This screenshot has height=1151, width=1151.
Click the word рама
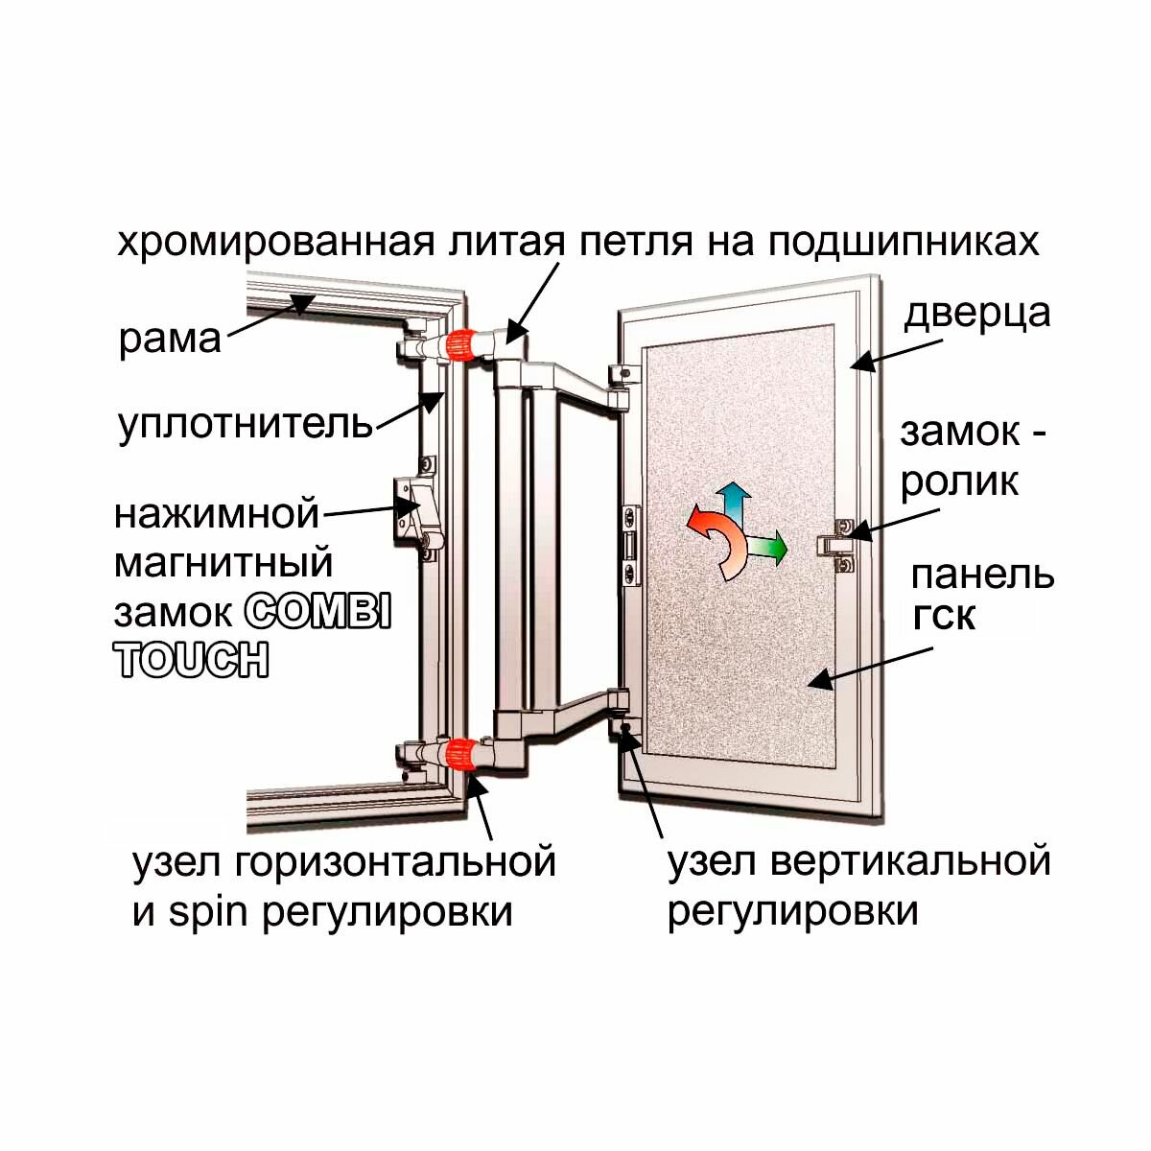(169, 341)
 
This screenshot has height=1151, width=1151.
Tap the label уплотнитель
(245, 424)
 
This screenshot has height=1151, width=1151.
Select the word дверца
(977, 314)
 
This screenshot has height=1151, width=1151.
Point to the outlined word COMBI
(317, 612)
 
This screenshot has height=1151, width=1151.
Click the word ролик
(959, 482)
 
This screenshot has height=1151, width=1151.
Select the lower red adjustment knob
(461, 754)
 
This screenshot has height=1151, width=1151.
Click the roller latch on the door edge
(836, 545)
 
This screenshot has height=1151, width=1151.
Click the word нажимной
(216, 514)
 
